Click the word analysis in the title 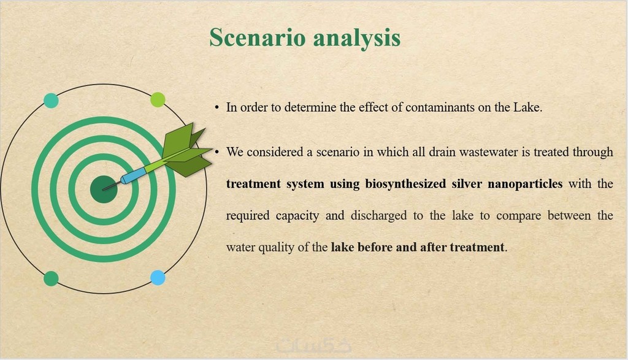357,39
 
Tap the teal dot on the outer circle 51,100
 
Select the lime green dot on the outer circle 158,100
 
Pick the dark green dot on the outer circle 51,278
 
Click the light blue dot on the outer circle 158,277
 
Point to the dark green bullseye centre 104,189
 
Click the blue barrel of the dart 133,176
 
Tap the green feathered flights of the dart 186,150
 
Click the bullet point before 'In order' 216,108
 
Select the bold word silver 467,184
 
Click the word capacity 297,216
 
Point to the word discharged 378,216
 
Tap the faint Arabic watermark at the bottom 313,345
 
